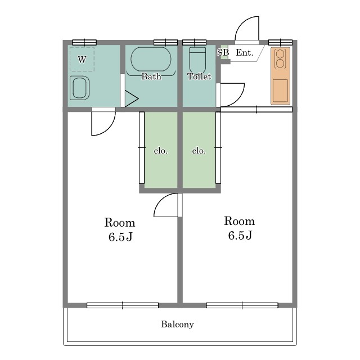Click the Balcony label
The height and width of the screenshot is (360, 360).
pyautogui.click(x=177, y=324)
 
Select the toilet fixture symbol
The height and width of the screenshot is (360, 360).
pyautogui.click(x=197, y=60)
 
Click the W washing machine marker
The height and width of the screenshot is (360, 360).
pyautogui.click(x=82, y=60)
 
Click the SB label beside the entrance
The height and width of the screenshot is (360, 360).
pyautogui.click(x=223, y=52)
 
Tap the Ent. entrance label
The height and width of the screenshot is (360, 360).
pyautogui.click(x=245, y=53)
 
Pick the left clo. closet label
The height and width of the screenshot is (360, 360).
pyautogui.click(x=161, y=151)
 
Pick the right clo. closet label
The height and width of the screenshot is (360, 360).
pyautogui.click(x=199, y=151)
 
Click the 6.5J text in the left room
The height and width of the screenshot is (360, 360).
pyautogui.click(x=120, y=237)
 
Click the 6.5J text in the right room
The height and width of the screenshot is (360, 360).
pyautogui.click(x=240, y=235)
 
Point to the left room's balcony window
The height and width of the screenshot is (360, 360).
pyautogui.click(x=123, y=305)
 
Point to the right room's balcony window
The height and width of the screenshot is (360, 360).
pyautogui.click(x=242, y=305)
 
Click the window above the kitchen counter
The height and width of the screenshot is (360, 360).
pyautogui.click(x=280, y=43)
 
